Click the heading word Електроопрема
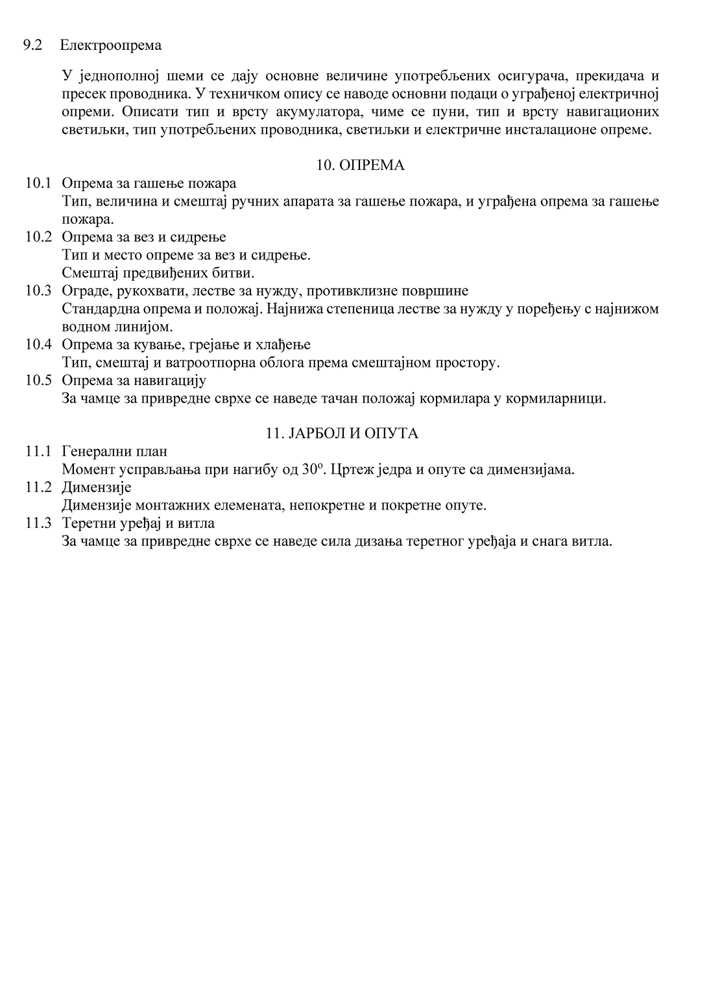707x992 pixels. pyautogui.click(x=111, y=45)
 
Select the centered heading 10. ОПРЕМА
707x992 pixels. pyautogui.click(x=360, y=165)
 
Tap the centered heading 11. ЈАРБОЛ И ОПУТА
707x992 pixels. pyautogui.click(x=342, y=433)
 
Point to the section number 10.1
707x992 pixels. pyautogui.click(x=38, y=183)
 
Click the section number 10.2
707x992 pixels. pyautogui.click(x=38, y=237)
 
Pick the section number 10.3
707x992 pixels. pyautogui.click(x=38, y=290)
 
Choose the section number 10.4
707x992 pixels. pyautogui.click(x=38, y=344)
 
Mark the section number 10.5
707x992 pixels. pyautogui.click(x=38, y=380)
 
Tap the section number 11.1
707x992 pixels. pyautogui.click(x=38, y=451)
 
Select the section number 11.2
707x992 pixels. pyautogui.click(x=38, y=487)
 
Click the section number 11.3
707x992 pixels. pyautogui.click(x=38, y=523)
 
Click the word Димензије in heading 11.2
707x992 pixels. pyautogui.click(x=97, y=487)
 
